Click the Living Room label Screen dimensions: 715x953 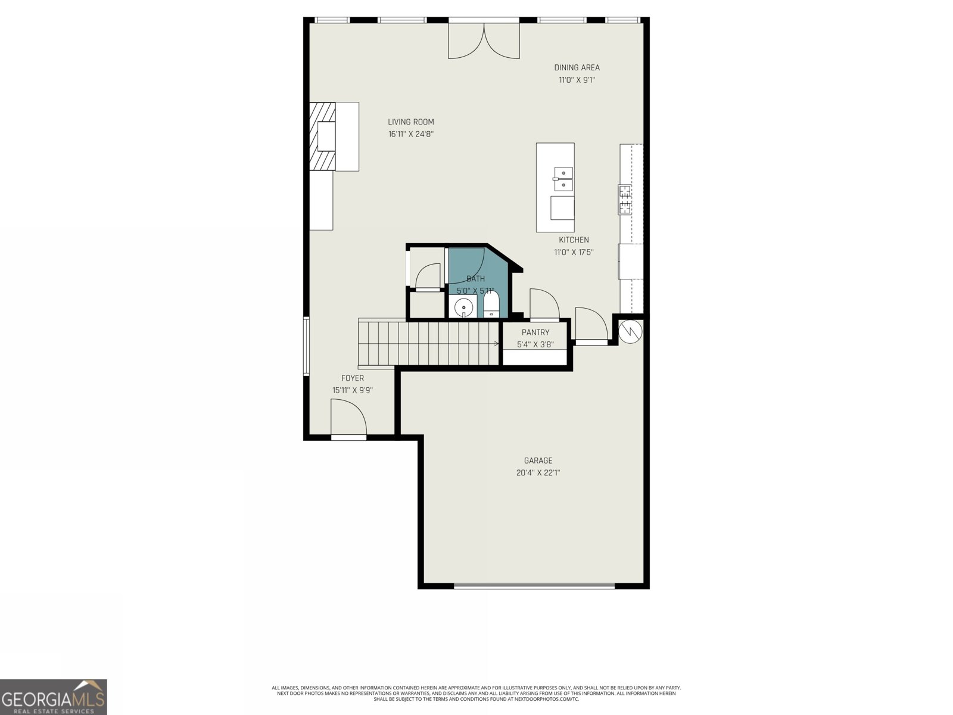(411, 122)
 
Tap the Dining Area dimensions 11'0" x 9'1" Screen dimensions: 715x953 (577, 80)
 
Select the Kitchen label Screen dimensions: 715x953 (574, 240)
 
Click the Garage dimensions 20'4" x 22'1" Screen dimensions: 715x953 (538, 473)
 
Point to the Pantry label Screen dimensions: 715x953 (535, 332)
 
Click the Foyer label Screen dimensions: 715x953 (353, 378)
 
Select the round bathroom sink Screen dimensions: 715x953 (463, 307)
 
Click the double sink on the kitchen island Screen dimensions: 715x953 (563, 179)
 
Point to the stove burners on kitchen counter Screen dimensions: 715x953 (625, 200)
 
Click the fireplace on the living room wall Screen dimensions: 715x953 (325, 137)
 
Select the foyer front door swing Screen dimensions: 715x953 (348, 419)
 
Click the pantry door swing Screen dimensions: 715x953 (543, 304)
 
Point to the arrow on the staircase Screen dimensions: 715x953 (496, 343)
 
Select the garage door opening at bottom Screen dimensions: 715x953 (534, 586)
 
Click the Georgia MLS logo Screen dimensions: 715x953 (54, 697)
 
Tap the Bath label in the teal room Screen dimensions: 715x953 (475, 279)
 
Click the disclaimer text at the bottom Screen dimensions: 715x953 (476, 693)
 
